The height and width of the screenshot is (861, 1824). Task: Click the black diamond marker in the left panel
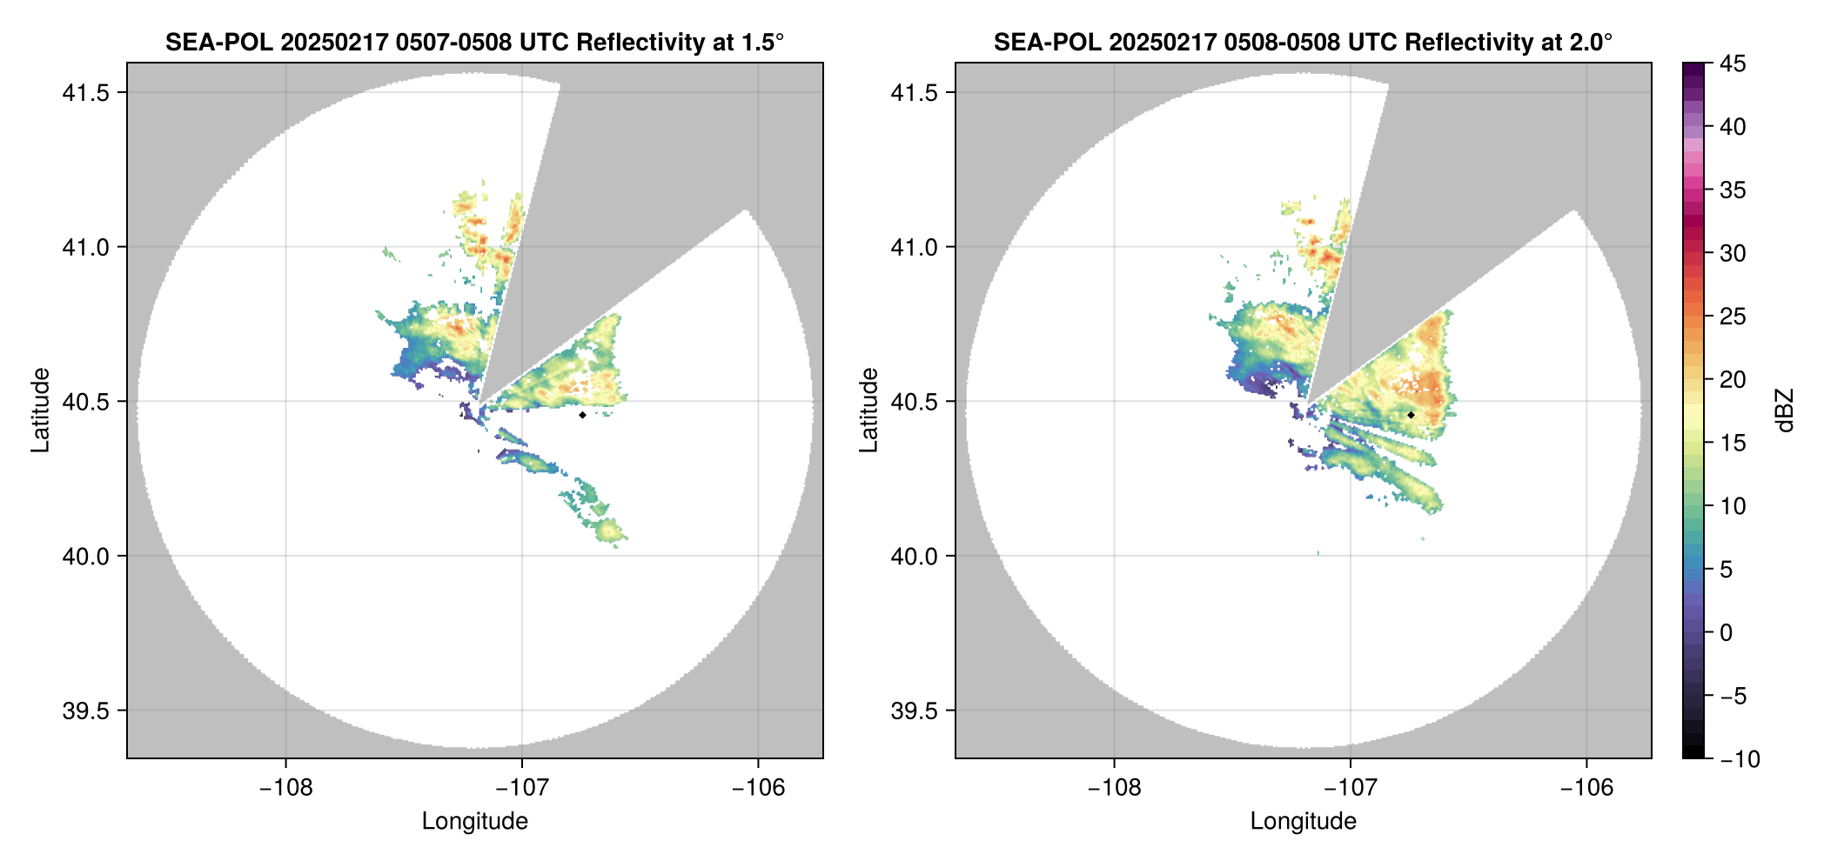pos(582,415)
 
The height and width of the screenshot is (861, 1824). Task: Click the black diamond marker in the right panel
pos(1411,415)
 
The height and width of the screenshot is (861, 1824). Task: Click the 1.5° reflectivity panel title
pos(474,42)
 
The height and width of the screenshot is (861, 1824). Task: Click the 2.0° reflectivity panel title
pos(1303,42)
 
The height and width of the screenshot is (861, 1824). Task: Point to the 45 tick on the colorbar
pos(1733,63)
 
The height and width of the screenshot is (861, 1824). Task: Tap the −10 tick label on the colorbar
pos(1740,759)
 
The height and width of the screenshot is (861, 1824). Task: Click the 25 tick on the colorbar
pos(1733,317)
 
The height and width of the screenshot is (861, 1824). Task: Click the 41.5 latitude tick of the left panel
pos(85,93)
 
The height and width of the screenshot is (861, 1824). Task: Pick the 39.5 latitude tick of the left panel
pos(85,711)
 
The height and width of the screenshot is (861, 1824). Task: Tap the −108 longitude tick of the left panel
pos(285,788)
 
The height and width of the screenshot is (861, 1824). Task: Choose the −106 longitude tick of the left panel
pos(758,788)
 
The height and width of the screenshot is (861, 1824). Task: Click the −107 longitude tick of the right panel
pos(1350,788)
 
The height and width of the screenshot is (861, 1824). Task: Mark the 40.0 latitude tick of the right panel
pos(914,557)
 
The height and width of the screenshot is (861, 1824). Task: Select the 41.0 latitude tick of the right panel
pos(914,248)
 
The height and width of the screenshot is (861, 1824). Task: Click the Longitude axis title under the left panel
pos(474,821)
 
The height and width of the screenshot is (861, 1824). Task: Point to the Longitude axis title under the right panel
pos(1303,821)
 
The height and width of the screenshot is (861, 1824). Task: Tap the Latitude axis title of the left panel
pos(40,410)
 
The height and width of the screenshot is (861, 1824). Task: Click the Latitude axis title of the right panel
pos(868,410)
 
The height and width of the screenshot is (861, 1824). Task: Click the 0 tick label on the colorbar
pos(1727,633)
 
